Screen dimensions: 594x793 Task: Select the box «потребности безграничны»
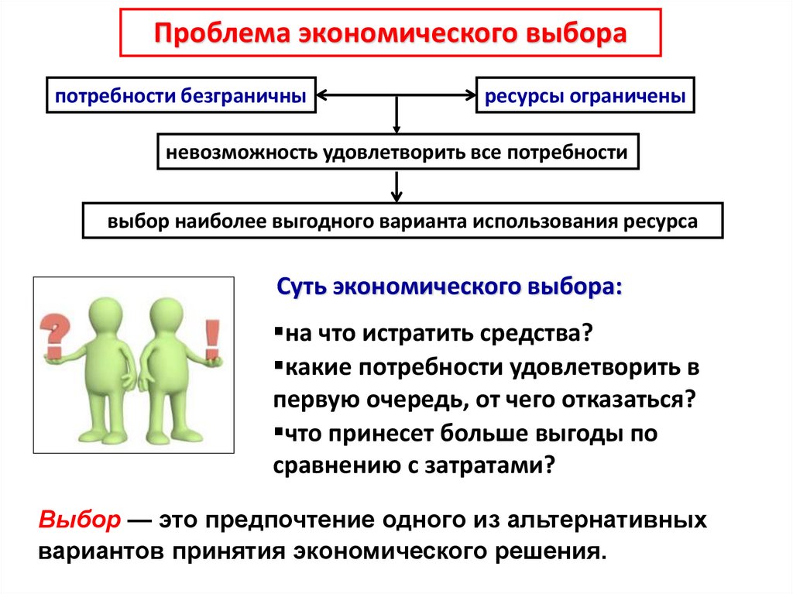click(x=181, y=95)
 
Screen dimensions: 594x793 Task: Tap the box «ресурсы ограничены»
click(x=585, y=95)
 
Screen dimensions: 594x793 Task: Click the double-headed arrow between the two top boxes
click(x=396, y=95)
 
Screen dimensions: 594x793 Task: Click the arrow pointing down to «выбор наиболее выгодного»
click(x=396, y=187)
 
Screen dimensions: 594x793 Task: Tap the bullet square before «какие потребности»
click(x=278, y=364)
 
